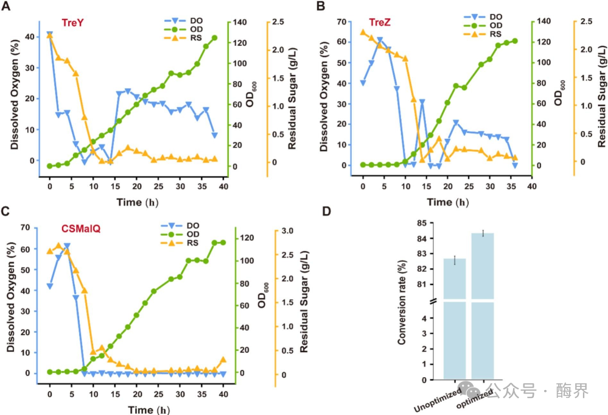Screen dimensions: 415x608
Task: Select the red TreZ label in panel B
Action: click(x=380, y=24)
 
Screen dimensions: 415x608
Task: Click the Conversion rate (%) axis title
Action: click(x=402, y=301)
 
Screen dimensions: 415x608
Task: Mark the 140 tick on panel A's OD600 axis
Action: click(x=241, y=22)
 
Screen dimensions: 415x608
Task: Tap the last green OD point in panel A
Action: click(x=215, y=38)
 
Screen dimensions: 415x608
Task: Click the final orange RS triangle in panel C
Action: click(x=223, y=360)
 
